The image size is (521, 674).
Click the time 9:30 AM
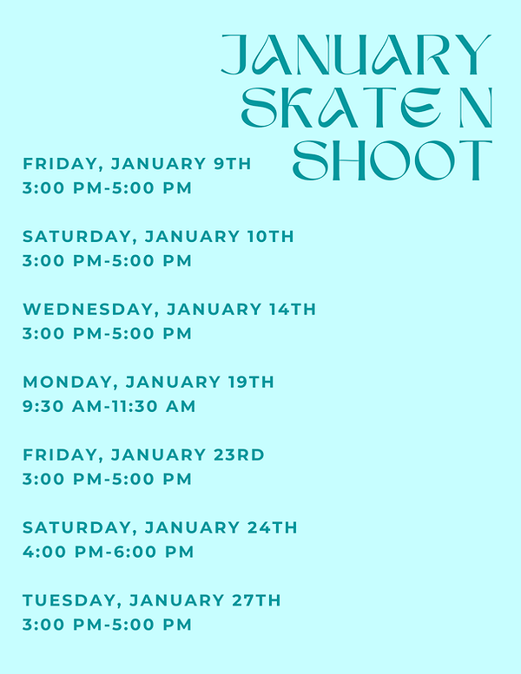click(57, 406)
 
